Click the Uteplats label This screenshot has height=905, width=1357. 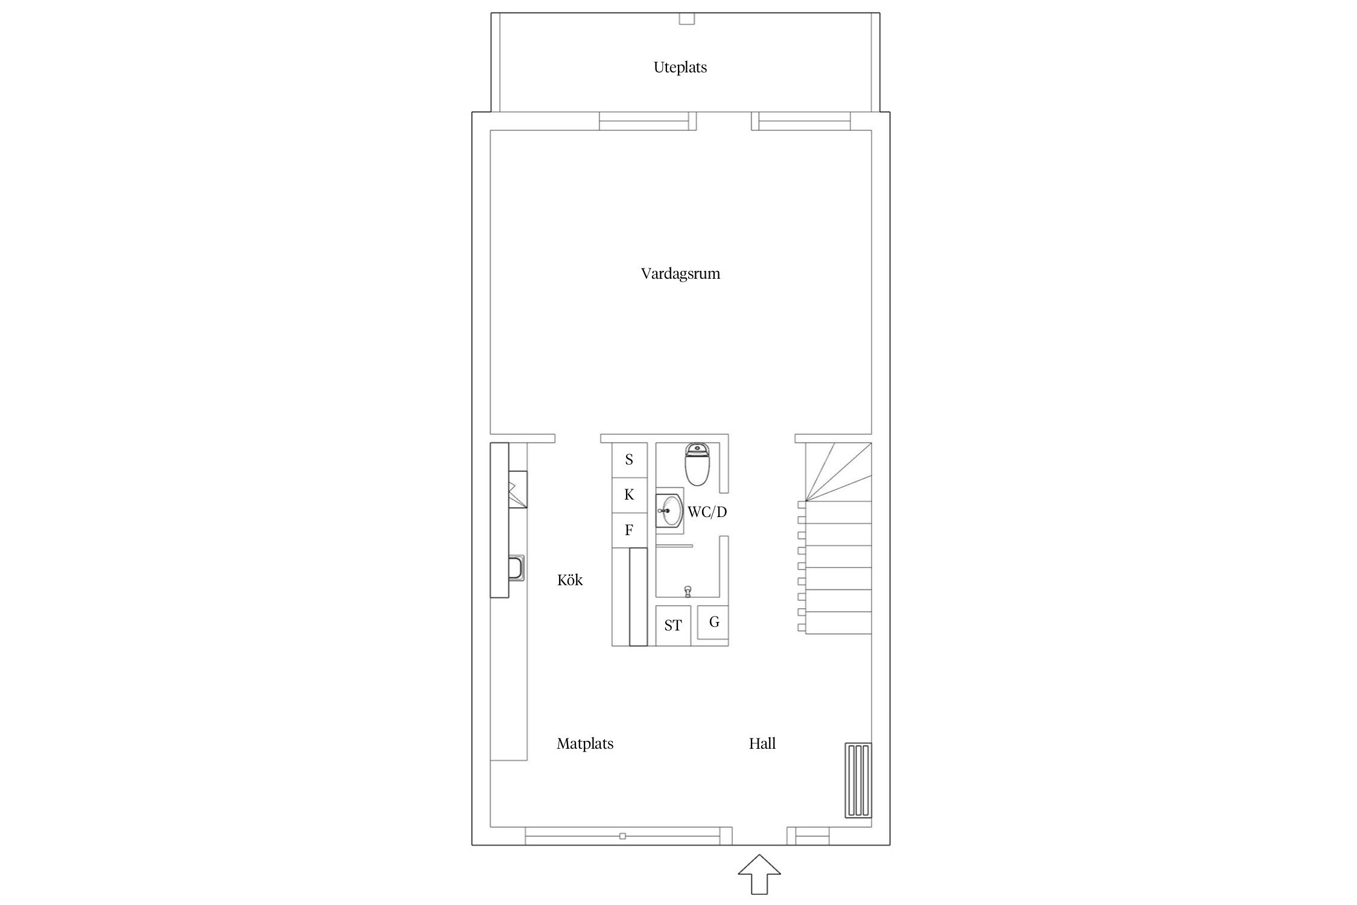click(680, 68)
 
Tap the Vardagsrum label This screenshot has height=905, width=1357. click(680, 274)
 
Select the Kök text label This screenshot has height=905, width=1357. click(570, 580)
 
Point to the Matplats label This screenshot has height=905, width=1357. click(585, 744)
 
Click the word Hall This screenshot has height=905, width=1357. click(762, 744)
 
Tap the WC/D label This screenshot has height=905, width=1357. click(707, 512)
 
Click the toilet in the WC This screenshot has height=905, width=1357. click(698, 465)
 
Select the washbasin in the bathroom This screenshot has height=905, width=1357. click(669, 510)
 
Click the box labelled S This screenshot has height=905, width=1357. click(630, 460)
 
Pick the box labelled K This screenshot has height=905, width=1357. click(630, 495)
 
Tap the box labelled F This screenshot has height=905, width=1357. click(630, 530)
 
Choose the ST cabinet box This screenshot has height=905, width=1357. click(674, 626)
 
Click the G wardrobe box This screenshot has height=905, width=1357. click(713, 622)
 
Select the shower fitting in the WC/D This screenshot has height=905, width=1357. click(687, 591)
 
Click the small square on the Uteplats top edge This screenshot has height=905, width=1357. click(687, 19)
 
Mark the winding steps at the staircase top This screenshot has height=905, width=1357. click(838, 472)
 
